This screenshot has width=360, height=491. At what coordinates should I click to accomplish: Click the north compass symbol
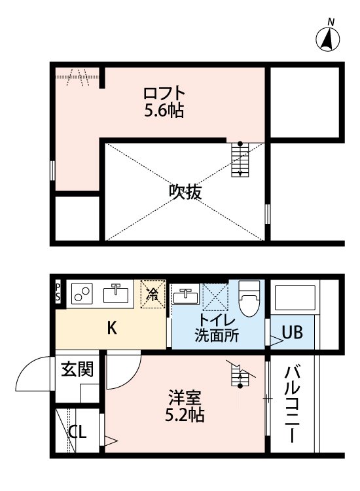click(329, 39)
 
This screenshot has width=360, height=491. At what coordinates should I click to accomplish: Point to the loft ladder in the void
click(240, 160)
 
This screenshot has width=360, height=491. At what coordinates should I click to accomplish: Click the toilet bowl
click(249, 299)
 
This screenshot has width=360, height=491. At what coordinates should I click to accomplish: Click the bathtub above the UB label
click(295, 300)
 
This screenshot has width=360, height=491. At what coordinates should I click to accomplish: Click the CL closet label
click(78, 432)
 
